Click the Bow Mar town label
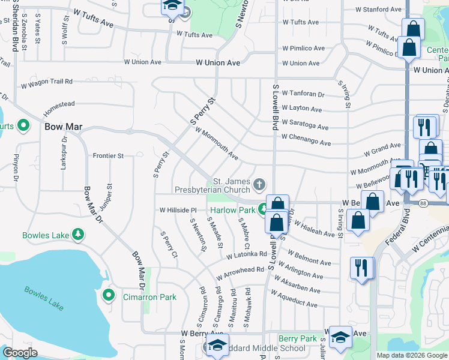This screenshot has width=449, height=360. [x=63, y=127]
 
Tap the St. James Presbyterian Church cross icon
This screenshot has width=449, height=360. [x=259, y=184]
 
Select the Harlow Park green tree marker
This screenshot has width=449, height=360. [x=263, y=209]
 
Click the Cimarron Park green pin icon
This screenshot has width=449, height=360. [x=109, y=295]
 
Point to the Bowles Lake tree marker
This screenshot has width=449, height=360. [x=77, y=235]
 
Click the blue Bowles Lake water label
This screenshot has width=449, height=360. [x=44, y=298]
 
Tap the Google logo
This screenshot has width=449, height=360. [x=20, y=353]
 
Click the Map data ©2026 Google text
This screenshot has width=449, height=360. [x=412, y=355]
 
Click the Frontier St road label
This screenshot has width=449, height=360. [x=108, y=155]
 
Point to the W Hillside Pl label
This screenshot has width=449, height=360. [x=178, y=210]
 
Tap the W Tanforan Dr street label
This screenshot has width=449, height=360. [x=303, y=94]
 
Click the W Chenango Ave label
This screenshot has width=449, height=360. [x=306, y=143]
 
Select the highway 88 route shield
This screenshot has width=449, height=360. [x=423, y=204]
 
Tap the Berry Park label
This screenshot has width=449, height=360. [x=298, y=339]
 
